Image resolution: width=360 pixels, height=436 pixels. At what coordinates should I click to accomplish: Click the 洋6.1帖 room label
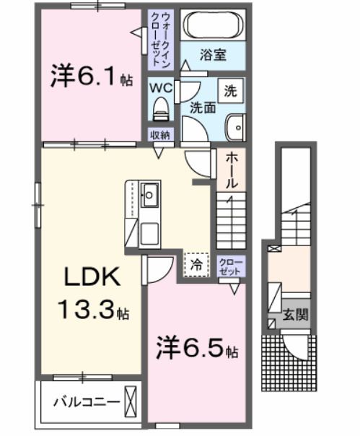coord(91,77)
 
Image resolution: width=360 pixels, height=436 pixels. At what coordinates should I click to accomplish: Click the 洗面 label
coord(203,108)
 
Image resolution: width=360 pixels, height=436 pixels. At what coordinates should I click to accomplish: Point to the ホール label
coord(232,170)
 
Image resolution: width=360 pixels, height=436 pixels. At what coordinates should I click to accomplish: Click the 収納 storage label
coord(159,135)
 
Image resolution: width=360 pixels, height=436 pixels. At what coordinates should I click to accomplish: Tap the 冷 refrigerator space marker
coord(196,264)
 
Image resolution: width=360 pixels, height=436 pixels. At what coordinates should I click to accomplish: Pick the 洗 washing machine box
coord(231,91)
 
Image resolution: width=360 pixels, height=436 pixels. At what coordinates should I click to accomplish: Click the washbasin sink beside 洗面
coord(235,128)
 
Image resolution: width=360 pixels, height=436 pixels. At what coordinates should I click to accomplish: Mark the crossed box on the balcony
coord(130,399)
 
